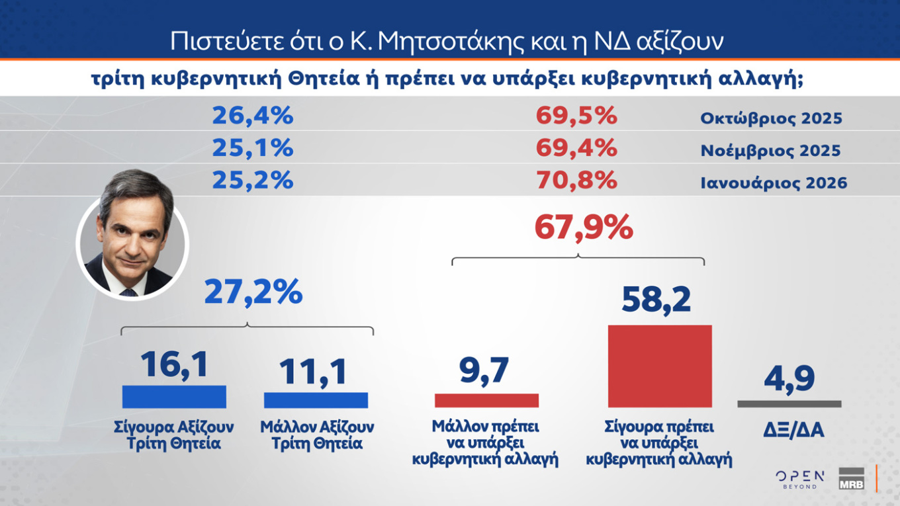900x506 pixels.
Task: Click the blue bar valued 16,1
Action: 174,397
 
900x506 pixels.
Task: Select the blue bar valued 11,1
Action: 316,400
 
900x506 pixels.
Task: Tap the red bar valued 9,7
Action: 486,400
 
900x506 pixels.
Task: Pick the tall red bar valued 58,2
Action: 660,366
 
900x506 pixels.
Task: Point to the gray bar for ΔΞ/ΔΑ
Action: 789,403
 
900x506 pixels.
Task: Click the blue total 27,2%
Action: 253,292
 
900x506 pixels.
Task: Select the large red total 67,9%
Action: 583,229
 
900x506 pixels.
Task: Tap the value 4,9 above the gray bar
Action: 789,378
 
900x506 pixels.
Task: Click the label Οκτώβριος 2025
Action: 771,119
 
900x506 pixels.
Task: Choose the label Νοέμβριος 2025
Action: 770,151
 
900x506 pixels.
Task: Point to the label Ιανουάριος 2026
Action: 774,183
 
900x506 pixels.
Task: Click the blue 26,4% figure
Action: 252,116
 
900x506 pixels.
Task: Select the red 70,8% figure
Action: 576,180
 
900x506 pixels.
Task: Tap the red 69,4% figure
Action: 576,148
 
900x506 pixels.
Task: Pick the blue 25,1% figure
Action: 252,148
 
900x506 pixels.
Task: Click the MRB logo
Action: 851,478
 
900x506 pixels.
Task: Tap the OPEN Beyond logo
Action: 799,479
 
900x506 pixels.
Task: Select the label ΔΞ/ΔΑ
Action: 789,431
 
